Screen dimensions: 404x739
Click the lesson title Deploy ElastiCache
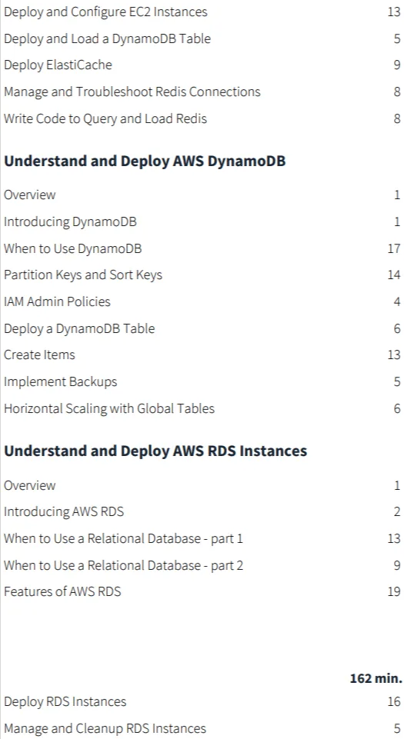(58, 65)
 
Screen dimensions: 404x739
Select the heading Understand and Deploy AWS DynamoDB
(145, 161)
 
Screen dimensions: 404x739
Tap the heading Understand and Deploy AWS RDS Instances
(155, 451)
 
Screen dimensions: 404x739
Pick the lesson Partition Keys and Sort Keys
(83, 275)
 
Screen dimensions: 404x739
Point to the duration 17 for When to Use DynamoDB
(394, 248)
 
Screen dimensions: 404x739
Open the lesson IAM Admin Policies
(57, 301)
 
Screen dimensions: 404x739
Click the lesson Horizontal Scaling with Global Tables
(109, 408)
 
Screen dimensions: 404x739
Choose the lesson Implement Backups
(60, 381)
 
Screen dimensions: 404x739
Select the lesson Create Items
(39, 355)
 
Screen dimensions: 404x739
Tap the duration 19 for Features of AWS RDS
(394, 591)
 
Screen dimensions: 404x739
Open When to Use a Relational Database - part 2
(124, 565)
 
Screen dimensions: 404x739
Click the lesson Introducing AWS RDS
(64, 511)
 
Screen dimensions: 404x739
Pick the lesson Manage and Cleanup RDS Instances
(105, 729)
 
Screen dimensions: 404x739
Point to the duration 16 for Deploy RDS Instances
(394, 702)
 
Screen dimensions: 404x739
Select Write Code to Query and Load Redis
(105, 118)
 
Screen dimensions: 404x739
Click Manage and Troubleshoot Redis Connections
(132, 92)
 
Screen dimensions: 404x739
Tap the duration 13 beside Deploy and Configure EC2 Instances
(394, 12)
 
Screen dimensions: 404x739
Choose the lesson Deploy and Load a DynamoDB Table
(108, 38)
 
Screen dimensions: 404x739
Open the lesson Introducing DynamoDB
(70, 221)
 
